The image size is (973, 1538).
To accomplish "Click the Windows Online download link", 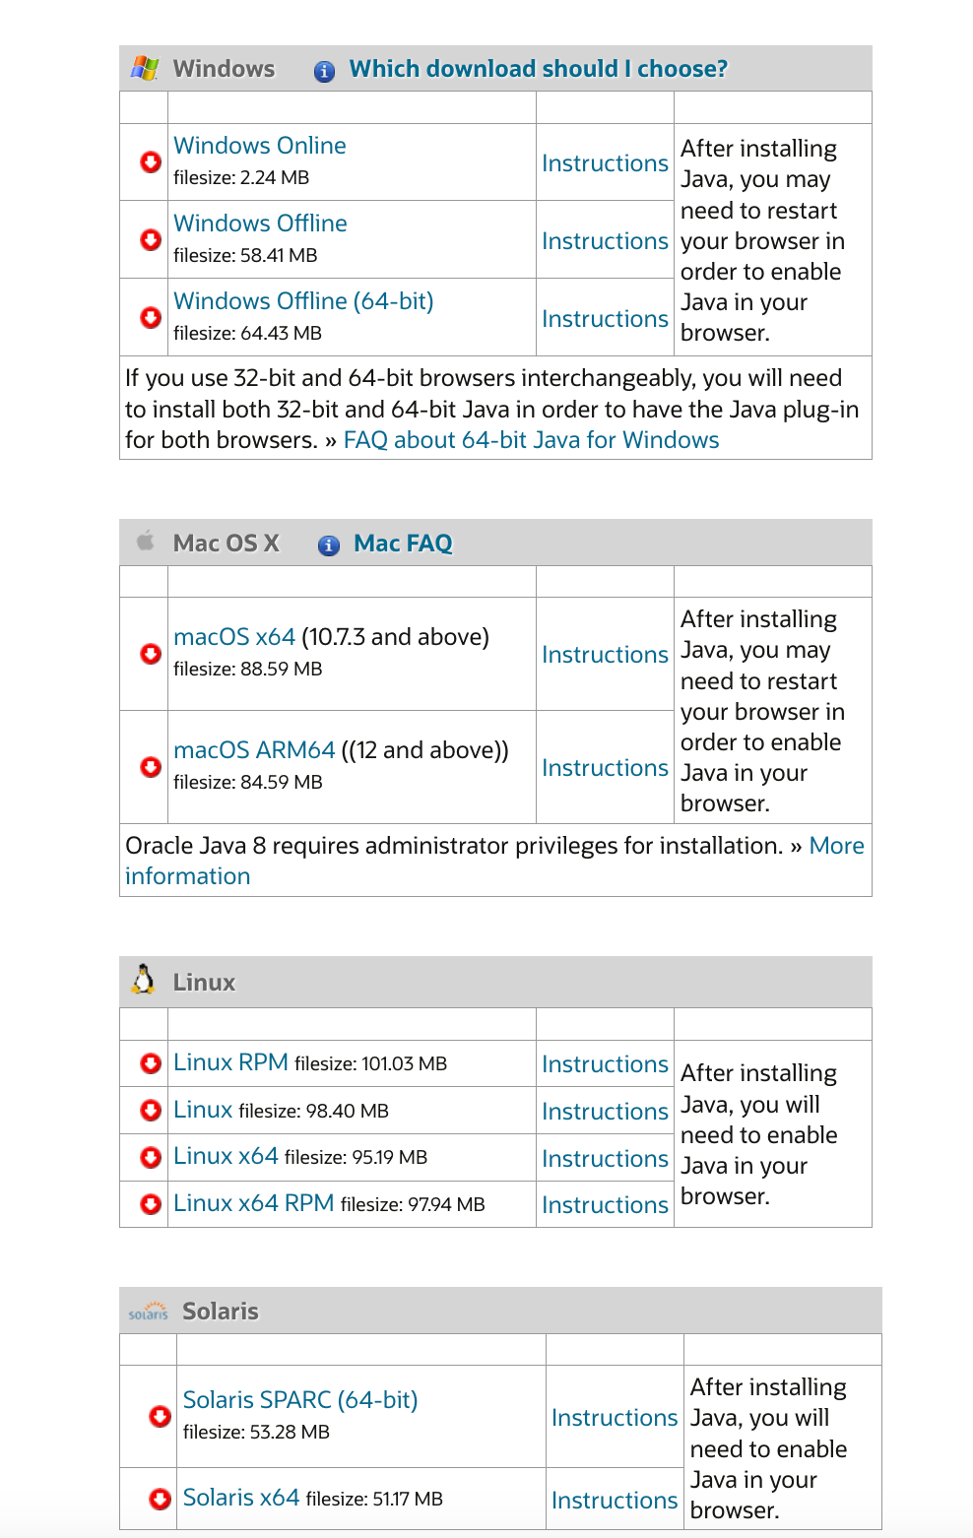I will pyautogui.click(x=259, y=146).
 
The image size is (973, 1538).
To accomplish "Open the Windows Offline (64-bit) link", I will pyautogui.click(x=302, y=301).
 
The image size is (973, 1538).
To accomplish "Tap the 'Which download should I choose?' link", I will pyautogui.click(x=538, y=69).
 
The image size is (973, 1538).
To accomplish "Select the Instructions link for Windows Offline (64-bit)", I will pyautogui.click(x=605, y=319).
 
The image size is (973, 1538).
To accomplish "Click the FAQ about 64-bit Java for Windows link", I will pyautogui.click(x=531, y=440).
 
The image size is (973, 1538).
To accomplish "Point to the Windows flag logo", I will pyautogui.click(x=145, y=68).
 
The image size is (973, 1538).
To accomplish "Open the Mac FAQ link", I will pyautogui.click(x=403, y=544).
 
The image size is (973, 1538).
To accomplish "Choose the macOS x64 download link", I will pyautogui.click(x=233, y=637).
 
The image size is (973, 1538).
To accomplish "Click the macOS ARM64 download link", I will pyautogui.click(x=254, y=750).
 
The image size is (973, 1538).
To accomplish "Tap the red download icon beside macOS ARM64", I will pyautogui.click(x=151, y=767).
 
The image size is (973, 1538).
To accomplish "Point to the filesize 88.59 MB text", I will pyautogui.click(x=247, y=669).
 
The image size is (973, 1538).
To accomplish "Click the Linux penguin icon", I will pyautogui.click(x=144, y=981).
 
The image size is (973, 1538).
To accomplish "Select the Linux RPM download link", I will pyautogui.click(x=230, y=1062).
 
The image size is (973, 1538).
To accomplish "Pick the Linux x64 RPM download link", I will pyautogui.click(x=253, y=1203).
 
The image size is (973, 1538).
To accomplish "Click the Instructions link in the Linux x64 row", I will pyautogui.click(x=605, y=1159).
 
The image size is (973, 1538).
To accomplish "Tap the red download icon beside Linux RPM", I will pyautogui.click(x=151, y=1063).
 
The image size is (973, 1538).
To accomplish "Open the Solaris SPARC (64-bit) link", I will pyautogui.click(x=299, y=1400).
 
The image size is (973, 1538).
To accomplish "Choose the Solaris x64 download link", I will pyautogui.click(x=240, y=1498).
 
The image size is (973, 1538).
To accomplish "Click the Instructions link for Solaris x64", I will pyautogui.click(x=614, y=1501).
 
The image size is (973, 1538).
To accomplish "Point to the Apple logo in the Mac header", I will pyautogui.click(x=146, y=541).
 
